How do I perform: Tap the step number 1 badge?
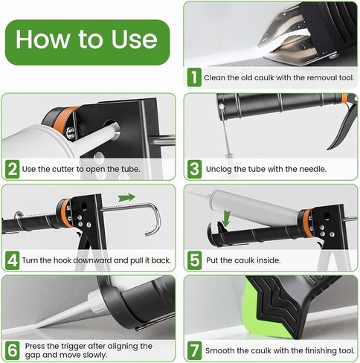[193, 77]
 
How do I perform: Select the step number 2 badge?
[12, 169]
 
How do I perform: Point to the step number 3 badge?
[193, 169]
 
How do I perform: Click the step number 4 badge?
[12, 260]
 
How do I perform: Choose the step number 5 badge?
[193, 260]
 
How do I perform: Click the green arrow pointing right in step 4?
[126, 198]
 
